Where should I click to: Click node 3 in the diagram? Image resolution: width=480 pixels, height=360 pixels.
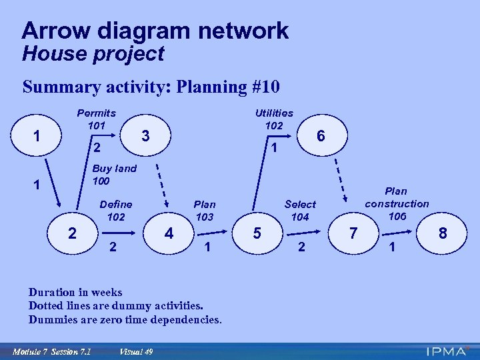pyautogui.click(x=145, y=135)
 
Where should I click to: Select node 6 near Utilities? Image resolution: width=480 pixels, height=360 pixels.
pyautogui.click(x=321, y=135)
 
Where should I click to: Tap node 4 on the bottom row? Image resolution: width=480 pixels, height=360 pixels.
pyautogui.click(x=169, y=234)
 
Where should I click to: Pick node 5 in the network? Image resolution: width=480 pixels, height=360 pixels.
pyautogui.click(x=257, y=234)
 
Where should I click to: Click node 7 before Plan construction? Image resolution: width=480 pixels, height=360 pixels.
pyautogui.click(x=354, y=234)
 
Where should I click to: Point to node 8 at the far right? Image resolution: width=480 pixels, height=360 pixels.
pyautogui.click(x=442, y=234)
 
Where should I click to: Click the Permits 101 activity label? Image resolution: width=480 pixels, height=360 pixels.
pyautogui.click(x=96, y=119)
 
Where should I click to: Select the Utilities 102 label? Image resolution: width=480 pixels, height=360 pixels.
pyautogui.click(x=273, y=119)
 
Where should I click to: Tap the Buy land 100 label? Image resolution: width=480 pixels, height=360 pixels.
pyautogui.click(x=114, y=175)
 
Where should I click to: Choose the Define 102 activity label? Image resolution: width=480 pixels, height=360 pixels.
pyautogui.click(x=115, y=210)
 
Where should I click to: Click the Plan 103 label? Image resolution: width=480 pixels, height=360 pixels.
pyautogui.click(x=204, y=210)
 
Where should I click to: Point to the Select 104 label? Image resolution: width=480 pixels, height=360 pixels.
pyautogui.click(x=300, y=210)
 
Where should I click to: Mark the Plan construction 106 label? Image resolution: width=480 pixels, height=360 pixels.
pyautogui.click(x=397, y=203)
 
